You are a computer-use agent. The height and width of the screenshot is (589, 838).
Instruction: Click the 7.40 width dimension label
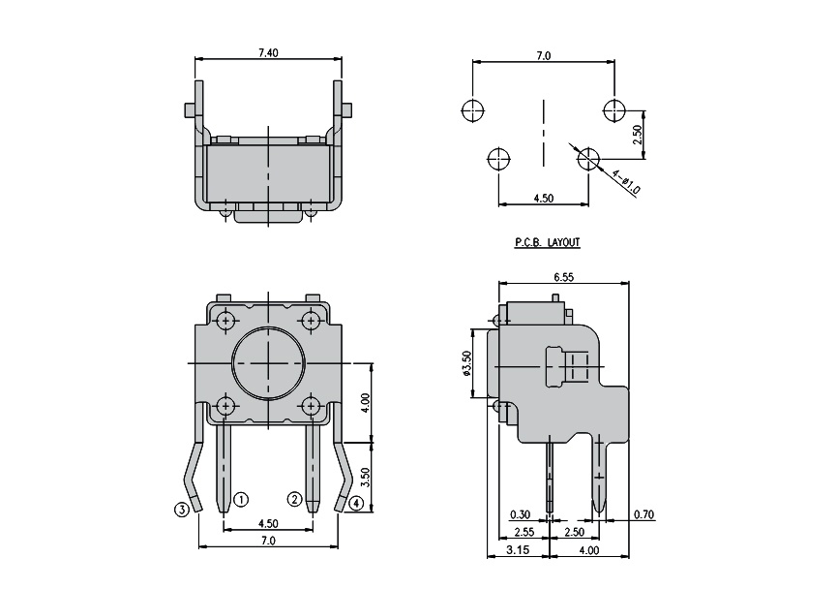(x=268, y=52)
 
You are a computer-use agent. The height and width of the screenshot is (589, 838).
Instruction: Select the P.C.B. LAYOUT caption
(x=548, y=242)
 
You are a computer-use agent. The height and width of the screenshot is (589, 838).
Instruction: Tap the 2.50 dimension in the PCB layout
(x=637, y=135)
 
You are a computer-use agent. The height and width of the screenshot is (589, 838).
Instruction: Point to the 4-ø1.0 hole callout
(x=626, y=182)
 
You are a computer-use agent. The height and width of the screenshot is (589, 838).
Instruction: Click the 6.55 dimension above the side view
(x=564, y=277)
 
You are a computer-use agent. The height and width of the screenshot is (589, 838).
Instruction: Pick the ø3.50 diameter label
(x=466, y=364)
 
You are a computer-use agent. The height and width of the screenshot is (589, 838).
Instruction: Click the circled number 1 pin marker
(x=241, y=500)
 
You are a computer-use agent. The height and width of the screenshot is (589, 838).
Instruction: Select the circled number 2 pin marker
(x=294, y=500)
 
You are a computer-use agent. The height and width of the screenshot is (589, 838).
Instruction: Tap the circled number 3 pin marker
(x=182, y=510)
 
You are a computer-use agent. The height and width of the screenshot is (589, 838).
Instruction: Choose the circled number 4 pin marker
(x=356, y=504)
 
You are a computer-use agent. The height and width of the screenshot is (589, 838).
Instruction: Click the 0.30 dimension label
(x=520, y=514)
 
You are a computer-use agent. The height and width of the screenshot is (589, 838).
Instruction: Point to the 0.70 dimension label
(x=644, y=514)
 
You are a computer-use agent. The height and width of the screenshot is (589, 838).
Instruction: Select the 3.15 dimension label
(x=518, y=550)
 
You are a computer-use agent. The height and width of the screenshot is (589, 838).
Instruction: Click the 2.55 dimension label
(x=524, y=532)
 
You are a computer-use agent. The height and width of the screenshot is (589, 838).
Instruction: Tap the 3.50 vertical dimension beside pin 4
(x=366, y=478)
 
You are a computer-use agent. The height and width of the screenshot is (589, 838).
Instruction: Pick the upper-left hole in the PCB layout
(x=472, y=111)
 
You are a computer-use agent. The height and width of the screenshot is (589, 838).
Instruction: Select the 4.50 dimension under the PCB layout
(x=544, y=198)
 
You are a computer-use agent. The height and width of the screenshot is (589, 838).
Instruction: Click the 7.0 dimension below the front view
(x=268, y=541)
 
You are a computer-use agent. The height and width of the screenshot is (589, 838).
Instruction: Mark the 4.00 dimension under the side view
(x=589, y=550)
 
